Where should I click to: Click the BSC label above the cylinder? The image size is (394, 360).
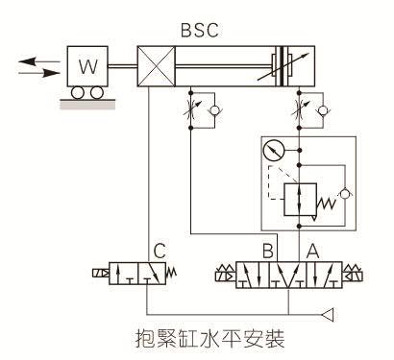tap(199, 29)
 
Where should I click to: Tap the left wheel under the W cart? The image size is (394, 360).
tap(77, 92)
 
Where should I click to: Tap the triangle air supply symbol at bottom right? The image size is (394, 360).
tap(329, 312)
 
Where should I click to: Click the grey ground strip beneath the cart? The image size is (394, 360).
tap(86, 104)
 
